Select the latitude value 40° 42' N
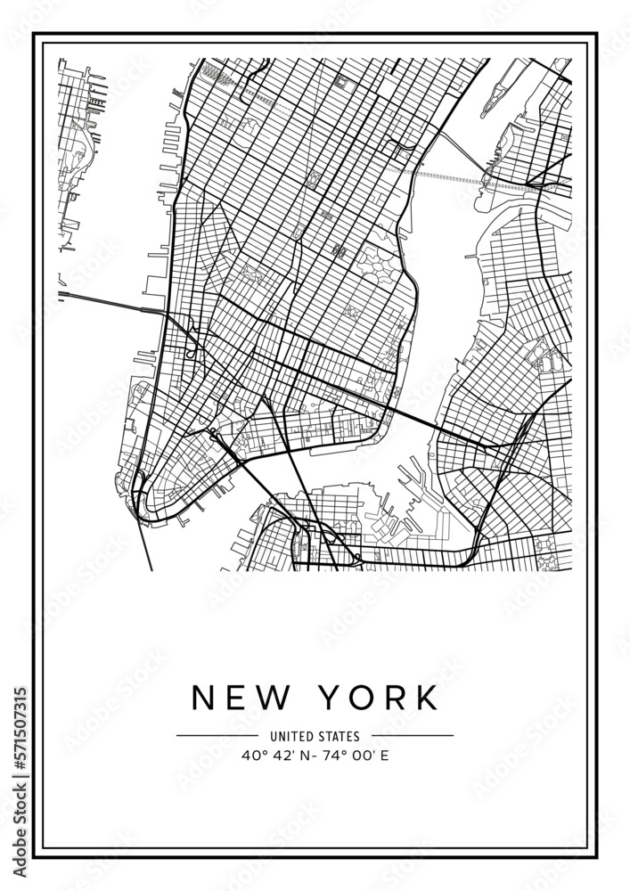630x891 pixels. pos(274,756)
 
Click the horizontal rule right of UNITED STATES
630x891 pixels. pos(413,737)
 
